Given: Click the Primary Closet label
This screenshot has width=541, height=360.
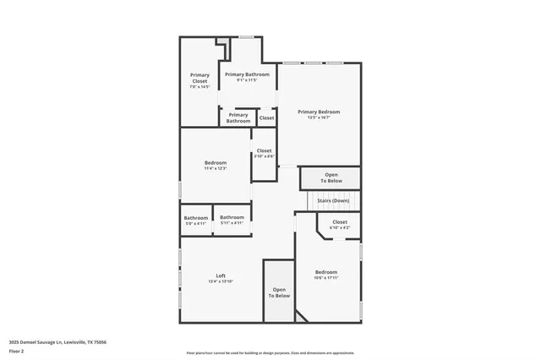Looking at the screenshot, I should pyautogui.click(x=199, y=78).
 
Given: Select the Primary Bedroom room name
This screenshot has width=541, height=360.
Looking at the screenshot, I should pyautogui.click(x=319, y=112).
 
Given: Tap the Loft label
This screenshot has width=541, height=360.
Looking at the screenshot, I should pyautogui.click(x=221, y=275).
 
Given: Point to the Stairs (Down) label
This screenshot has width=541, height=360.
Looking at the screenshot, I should pyautogui.click(x=333, y=200).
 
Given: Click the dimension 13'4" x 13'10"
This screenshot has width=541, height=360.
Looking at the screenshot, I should pyautogui.click(x=221, y=281).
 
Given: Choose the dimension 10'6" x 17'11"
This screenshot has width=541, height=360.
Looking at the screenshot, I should pyautogui.click(x=326, y=278).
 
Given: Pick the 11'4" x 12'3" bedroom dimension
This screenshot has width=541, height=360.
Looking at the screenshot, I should pyautogui.click(x=216, y=168).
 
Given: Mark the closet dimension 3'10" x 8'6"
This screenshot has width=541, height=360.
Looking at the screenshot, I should pyautogui.click(x=265, y=156).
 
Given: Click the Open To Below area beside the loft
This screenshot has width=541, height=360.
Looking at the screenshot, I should pyautogui.click(x=280, y=293).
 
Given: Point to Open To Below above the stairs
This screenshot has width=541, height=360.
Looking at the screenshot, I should pyautogui.click(x=331, y=178).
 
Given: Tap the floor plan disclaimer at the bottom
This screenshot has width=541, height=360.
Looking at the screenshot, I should pyautogui.click(x=270, y=353).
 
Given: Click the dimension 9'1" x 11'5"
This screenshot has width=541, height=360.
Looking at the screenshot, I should pyautogui.click(x=247, y=80).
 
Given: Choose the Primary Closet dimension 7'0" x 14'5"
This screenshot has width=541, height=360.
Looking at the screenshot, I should pyautogui.click(x=199, y=86).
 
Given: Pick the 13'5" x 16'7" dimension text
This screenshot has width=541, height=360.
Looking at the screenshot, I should pyautogui.click(x=319, y=117).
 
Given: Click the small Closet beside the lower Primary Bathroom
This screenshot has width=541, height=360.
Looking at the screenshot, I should pyautogui.click(x=266, y=118).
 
